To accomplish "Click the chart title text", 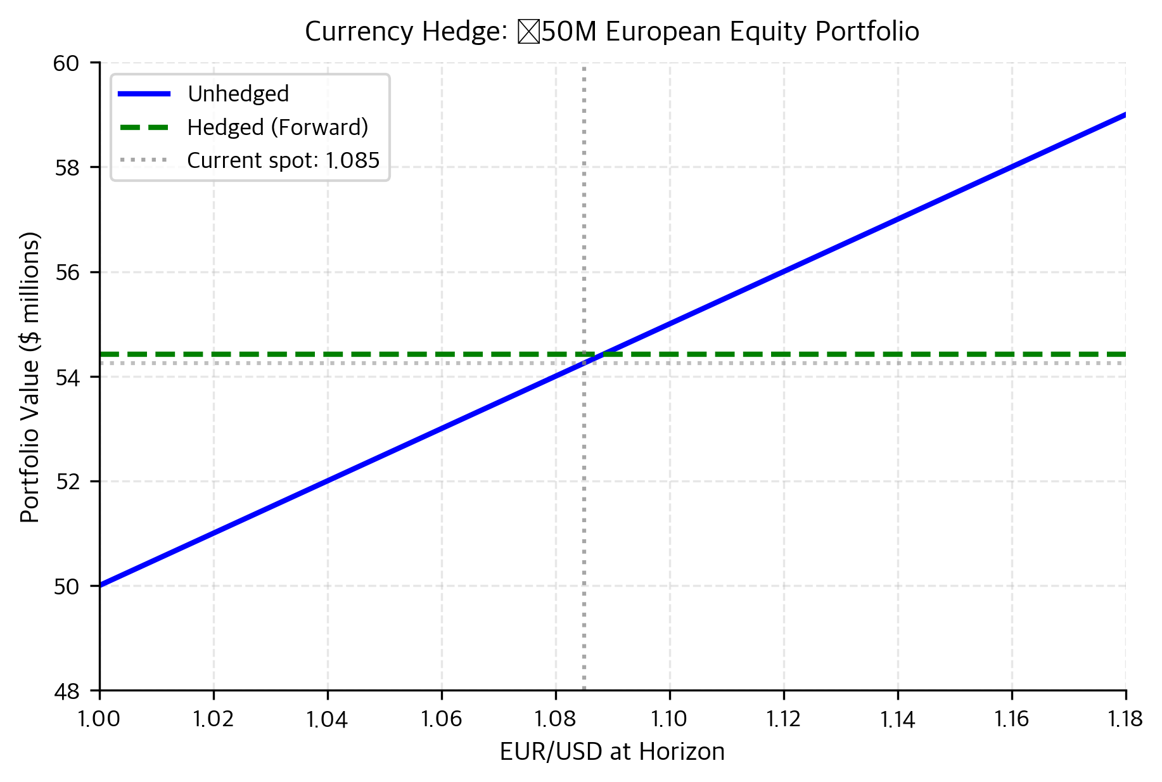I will pyautogui.click(x=611, y=32).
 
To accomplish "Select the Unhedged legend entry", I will pyautogui.click(x=238, y=94).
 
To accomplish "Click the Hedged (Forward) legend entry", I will pyautogui.click(x=277, y=127).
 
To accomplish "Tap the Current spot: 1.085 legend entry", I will pyautogui.click(x=283, y=160).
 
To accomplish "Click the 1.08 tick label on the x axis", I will pyautogui.click(x=556, y=719).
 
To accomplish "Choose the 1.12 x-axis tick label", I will pyautogui.click(x=784, y=719).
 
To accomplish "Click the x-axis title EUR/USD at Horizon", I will pyautogui.click(x=611, y=752).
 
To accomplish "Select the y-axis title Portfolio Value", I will pyautogui.click(x=30, y=377).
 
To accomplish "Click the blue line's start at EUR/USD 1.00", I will pyautogui.click(x=101, y=586).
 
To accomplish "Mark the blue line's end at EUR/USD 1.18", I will pyautogui.click(x=1125, y=115).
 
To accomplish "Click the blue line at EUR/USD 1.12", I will pyautogui.click(x=784, y=272).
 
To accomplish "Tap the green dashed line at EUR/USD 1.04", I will pyautogui.click(x=328, y=354).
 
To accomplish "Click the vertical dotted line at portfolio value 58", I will pyautogui.click(x=584, y=167).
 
